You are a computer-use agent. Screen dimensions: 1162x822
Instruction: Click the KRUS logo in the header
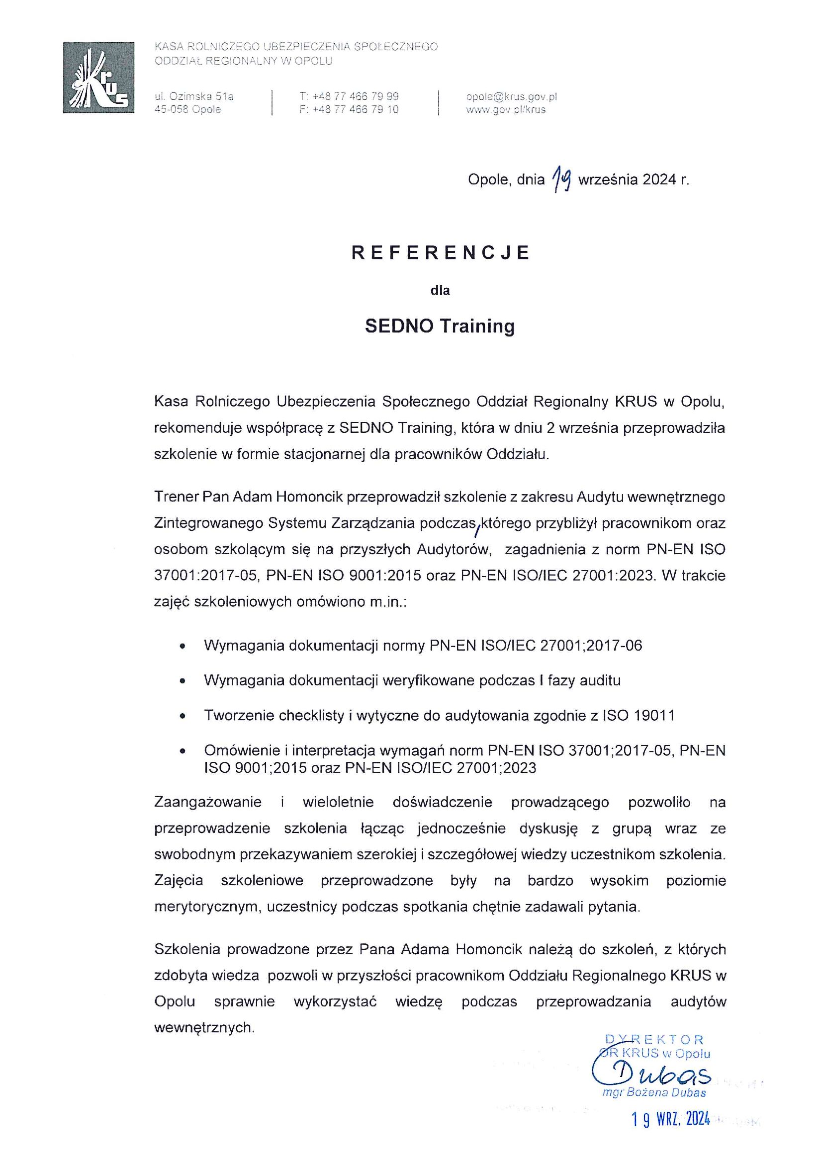98,78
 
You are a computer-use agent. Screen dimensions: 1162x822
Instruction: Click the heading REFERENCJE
440,252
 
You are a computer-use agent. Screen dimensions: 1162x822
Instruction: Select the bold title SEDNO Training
440,326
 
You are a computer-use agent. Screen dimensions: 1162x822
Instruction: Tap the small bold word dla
440,290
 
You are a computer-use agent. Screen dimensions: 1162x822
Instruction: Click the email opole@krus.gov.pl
511,96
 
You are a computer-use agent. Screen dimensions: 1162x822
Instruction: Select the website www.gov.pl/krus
505,109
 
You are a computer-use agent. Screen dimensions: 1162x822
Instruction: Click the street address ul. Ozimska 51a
194,96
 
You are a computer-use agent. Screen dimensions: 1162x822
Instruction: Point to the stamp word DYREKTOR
654,1040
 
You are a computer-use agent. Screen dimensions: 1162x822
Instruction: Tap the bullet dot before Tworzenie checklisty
183,716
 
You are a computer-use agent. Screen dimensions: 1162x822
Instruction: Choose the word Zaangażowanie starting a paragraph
208,802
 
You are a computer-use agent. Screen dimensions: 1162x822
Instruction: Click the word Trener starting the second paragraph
176,497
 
